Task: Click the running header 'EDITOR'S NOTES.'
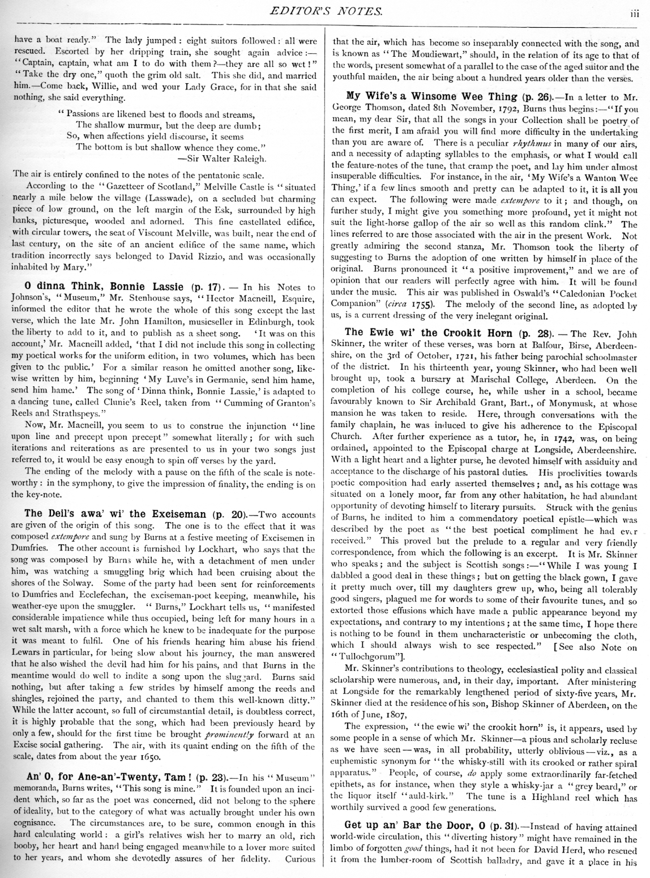click(x=324, y=10)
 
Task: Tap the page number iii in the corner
click(x=635, y=14)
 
